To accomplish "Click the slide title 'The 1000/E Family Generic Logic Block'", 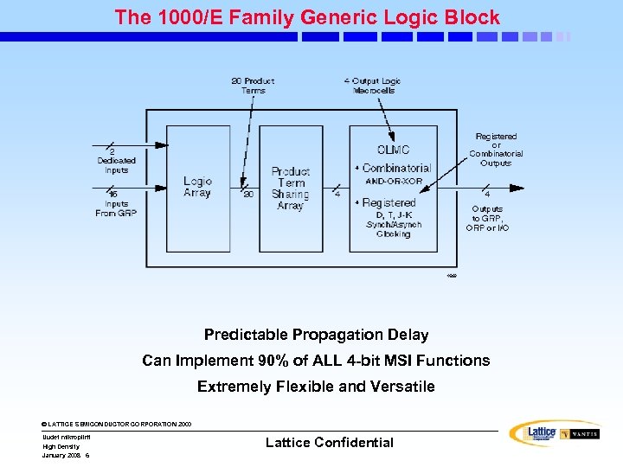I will pos(307,17).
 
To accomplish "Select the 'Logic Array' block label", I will pos(197,187).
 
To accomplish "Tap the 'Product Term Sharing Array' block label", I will pos(290,189).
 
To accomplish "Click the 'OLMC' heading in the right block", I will pos(393,150).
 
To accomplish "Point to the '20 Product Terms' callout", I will pos(253,85).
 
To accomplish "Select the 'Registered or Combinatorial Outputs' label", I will pos(496,150).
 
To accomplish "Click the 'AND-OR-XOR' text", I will pos(394,182).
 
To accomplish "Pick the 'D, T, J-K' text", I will pos(393,214).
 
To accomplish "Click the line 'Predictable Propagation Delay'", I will pos(316,335).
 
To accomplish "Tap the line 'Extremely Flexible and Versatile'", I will pos(316,387).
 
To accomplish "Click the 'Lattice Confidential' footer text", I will pos(329,443).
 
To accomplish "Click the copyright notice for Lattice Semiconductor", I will pos(116,424).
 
